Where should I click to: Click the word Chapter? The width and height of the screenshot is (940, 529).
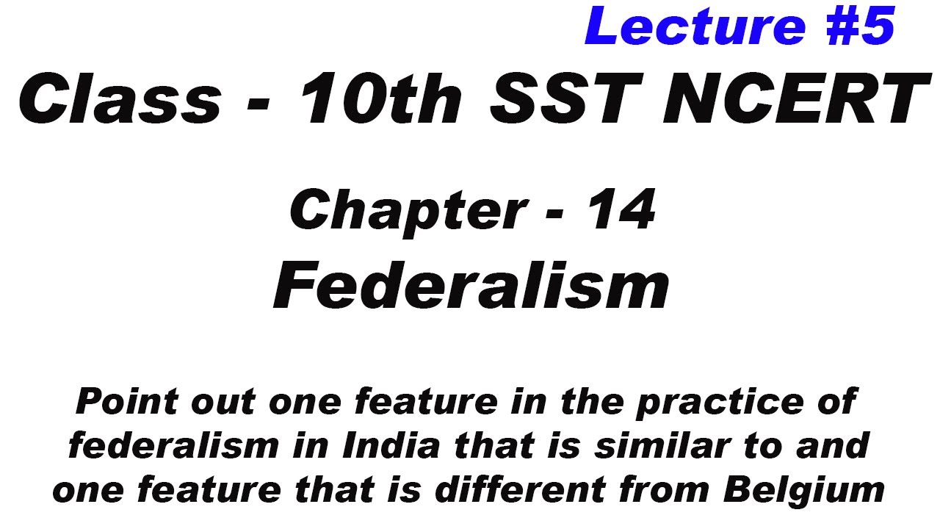(408, 212)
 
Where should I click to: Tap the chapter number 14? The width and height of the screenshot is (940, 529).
(621, 210)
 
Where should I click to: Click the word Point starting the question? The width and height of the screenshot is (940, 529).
(129, 403)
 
